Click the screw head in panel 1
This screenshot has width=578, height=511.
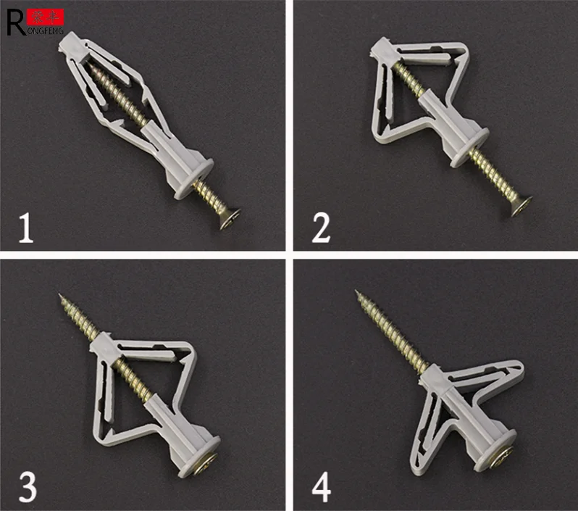(x=230, y=216)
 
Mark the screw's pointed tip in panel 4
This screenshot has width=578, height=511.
(x=357, y=294)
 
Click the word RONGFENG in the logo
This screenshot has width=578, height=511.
(x=45, y=31)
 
